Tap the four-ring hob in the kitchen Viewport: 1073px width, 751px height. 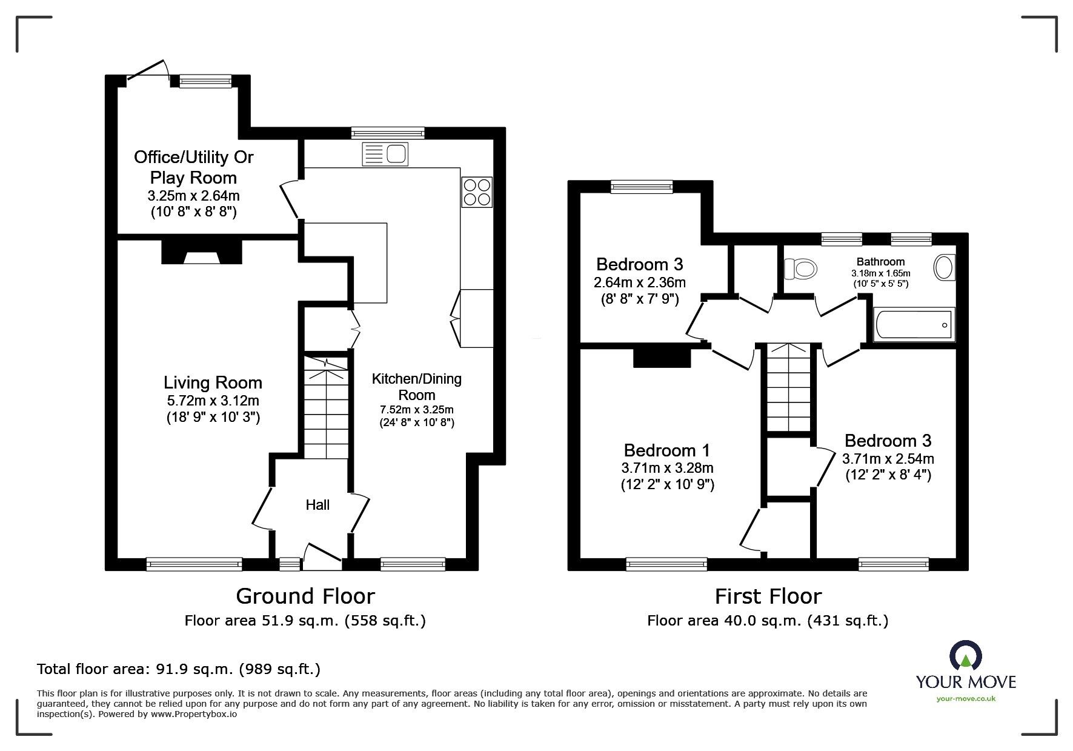(x=476, y=192)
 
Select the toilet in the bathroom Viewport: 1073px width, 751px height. (x=800, y=267)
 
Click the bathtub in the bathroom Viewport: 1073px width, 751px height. (x=914, y=325)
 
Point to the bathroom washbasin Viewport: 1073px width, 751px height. (x=944, y=267)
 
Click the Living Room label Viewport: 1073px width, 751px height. (x=213, y=382)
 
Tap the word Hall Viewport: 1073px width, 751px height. (x=317, y=504)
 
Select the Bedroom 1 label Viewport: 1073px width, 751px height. (x=666, y=450)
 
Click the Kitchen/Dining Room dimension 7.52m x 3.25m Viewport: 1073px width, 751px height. (x=417, y=409)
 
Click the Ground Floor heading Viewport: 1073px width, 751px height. (x=305, y=596)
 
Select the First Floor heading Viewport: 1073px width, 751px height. (x=768, y=596)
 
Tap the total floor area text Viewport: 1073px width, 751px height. (x=179, y=669)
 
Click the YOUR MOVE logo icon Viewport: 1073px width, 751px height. (x=966, y=656)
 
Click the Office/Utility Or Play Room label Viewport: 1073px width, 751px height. (x=193, y=167)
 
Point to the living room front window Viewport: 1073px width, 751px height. (x=195, y=564)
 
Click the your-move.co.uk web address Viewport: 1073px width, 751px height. (x=966, y=698)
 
